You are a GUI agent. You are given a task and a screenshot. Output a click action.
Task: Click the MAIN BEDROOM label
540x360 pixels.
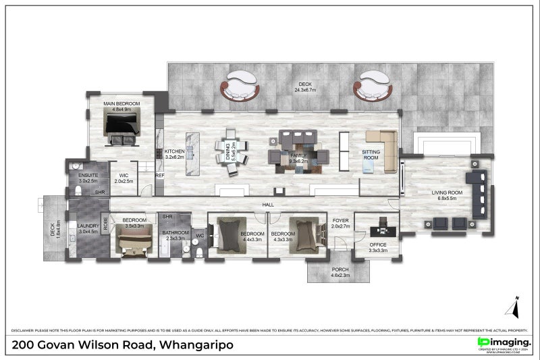coord(122,103)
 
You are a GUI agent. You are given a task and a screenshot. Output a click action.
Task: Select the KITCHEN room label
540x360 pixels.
coord(174,151)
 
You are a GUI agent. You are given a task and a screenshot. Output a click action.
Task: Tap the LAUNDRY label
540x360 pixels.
coord(88,226)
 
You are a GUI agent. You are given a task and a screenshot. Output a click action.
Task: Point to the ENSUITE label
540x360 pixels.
coord(88,176)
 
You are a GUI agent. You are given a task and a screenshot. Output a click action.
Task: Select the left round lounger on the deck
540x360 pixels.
coord(240,86)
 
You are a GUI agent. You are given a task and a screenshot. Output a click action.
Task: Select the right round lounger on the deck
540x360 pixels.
coord(373,86)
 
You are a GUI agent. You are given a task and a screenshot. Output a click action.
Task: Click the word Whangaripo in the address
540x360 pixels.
coord(196,345)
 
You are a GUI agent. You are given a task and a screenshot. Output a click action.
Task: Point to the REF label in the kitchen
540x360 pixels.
coord(160,176)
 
